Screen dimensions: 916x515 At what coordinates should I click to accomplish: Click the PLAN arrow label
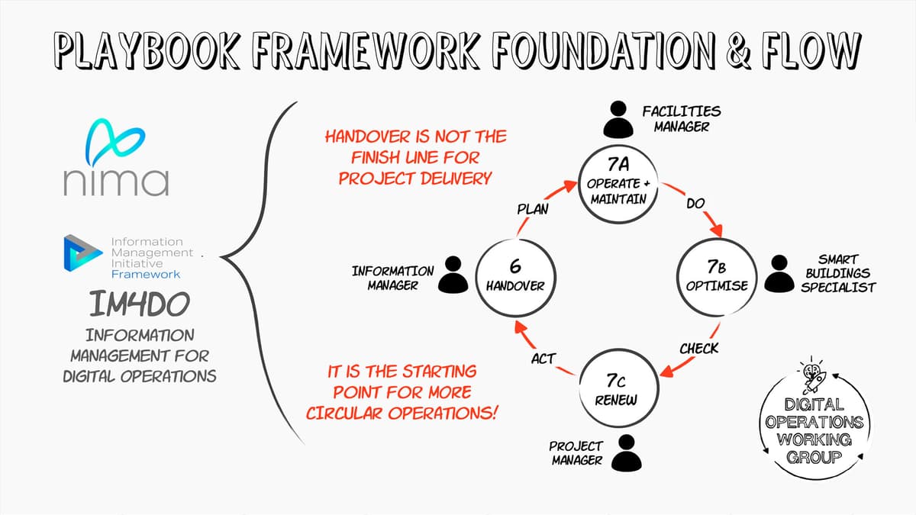[533, 209]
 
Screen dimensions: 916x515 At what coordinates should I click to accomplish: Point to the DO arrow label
[695, 203]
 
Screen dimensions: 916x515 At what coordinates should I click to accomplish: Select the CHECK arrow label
[699, 349]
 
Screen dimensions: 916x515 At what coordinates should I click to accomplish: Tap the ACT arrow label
[543, 359]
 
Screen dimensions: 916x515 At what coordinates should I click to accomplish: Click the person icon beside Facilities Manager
[618, 119]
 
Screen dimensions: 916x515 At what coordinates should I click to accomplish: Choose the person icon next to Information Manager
[453, 275]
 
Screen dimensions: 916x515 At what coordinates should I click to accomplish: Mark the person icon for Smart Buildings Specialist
[779, 273]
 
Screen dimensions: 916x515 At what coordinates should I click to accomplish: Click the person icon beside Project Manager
[627, 453]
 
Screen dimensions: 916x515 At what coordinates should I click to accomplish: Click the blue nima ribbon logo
[115, 142]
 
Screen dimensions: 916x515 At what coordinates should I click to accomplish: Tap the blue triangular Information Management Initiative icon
[82, 253]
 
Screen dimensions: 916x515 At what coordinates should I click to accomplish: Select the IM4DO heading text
[140, 304]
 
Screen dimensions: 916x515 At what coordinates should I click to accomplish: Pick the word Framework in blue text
[146, 274]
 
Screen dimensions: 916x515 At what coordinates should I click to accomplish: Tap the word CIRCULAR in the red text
[344, 414]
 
